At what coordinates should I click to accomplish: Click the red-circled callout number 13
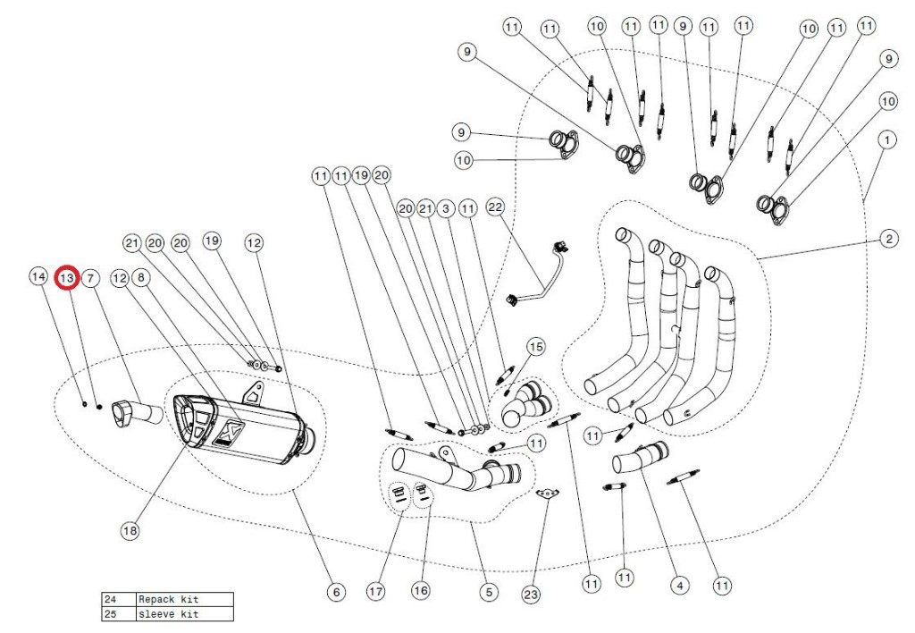67,278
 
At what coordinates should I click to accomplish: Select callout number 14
38,278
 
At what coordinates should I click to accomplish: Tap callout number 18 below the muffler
130,530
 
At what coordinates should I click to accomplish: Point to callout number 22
496,207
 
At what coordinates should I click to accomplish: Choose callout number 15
535,346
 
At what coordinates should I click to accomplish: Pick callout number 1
886,140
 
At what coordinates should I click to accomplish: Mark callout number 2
888,239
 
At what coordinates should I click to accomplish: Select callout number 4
680,586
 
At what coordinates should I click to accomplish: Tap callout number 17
376,591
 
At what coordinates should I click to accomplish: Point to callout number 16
420,591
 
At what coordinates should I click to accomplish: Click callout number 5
488,591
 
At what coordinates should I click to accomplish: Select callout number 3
446,208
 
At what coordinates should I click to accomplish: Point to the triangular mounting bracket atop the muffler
256,392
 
